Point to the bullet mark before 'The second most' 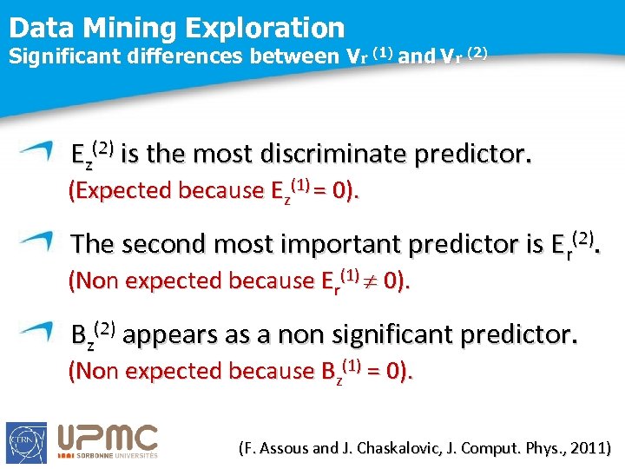pyautogui.click(x=39, y=239)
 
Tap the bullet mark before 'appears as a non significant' pyautogui.click(x=39, y=329)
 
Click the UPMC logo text pyautogui.click(x=108, y=438)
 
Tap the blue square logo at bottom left pyautogui.click(x=26, y=442)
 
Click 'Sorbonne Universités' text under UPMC pyautogui.click(x=108, y=455)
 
